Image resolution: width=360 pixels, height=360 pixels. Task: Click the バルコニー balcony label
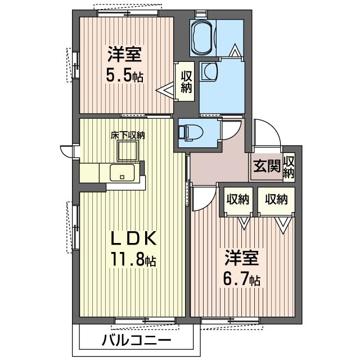coord(137,340)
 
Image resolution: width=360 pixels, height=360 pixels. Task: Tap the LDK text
coord(134,238)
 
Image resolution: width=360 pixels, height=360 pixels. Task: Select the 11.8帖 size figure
coord(133,259)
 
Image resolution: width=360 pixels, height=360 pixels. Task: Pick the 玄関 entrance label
coord(267,166)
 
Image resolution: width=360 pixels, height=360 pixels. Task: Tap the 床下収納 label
coord(128,135)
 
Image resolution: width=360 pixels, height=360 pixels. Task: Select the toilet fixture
coord(190,133)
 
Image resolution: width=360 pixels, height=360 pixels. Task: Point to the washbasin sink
coord(209,71)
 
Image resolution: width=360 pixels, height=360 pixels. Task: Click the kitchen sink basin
coord(123,173)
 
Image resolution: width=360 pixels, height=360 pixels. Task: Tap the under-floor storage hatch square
coord(128,151)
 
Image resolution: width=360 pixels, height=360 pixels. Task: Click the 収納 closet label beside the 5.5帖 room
coord(186,82)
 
